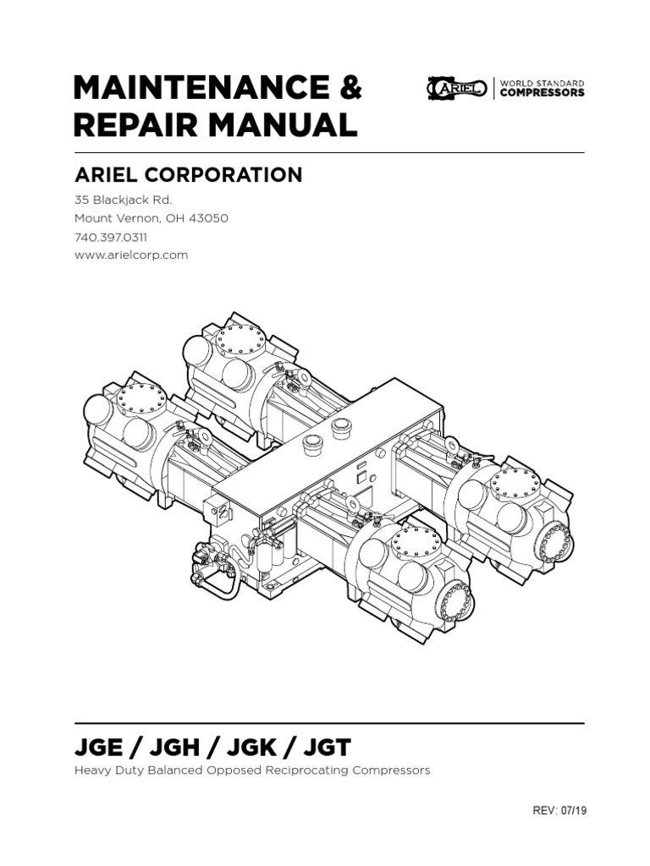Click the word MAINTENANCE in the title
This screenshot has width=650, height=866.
(x=194, y=87)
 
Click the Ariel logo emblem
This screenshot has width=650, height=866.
(x=456, y=88)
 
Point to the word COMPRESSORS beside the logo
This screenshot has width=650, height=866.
(x=542, y=93)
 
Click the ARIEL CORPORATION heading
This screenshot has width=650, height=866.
(x=189, y=175)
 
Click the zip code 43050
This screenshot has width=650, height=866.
(x=208, y=218)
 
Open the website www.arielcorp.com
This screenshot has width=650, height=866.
(x=132, y=255)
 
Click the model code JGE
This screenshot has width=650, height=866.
(x=98, y=748)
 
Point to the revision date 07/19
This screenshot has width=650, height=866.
(x=570, y=810)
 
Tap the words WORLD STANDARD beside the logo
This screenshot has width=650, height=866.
(x=542, y=83)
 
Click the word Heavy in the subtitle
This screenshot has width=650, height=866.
(x=91, y=771)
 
